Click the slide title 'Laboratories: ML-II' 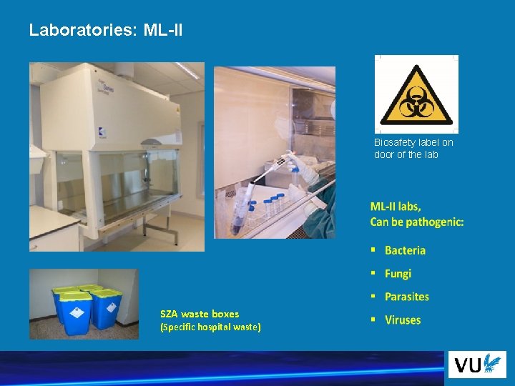pyautogui.click(x=106, y=30)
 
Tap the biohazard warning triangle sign pyautogui.click(x=416, y=95)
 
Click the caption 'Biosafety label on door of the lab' pyautogui.click(x=413, y=148)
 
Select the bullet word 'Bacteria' pyautogui.click(x=405, y=250)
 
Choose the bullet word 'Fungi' pyautogui.click(x=398, y=273)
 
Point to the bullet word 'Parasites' pyautogui.click(x=406, y=297)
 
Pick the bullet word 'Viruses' pyautogui.click(x=403, y=320)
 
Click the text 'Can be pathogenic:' pyautogui.click(x=416, y=222)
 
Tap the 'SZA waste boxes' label pyautogui.click(x=200, y=314)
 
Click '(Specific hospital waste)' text pyautogui.click(x=210, y=327)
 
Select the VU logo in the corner pyautogui.click(x=476, y=365)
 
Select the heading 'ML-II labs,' pyautogui.click(x=396, y=207)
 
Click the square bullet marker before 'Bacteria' pyautogui.click(x=373, y=250)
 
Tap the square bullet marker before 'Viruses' pyautogui.click(x=373, y=320)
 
